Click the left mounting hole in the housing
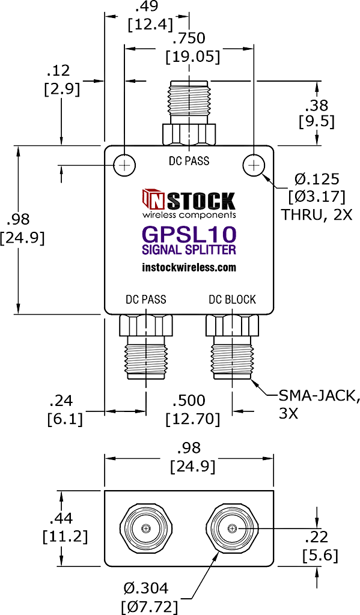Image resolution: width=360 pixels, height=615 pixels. pyautogui.click(x=124, y=166)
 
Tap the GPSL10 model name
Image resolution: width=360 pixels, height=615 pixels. pyautogui.click(x=189, y=235)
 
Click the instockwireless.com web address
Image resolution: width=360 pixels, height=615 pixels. pyautogui.click(x=189, y=267)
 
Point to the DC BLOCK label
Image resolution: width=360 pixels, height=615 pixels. pyautogui.click(x=232, y=300)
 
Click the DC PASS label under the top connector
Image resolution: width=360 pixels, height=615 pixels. pyautogui.click(x=189, y=160)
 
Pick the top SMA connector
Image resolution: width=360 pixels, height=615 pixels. pyautogui.click(x=189, y=113)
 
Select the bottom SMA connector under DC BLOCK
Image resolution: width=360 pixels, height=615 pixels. pyautogui.click(x=232, y=347)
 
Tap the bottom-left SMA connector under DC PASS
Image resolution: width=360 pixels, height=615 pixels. pyautogui.click(x=146, y=347)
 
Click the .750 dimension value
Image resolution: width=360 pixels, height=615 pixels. pyautogui.click(x=189, y=38)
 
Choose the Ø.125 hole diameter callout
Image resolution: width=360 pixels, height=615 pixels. pyautogui.click(x=317, y=179)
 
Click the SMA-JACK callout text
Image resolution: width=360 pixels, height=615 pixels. pyautogui.click(x=319, y=396)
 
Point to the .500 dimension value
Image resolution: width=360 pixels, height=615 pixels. pyautogui.click(x=189, y=401)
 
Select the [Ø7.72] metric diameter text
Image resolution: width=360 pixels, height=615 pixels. pyautogui.click(x=147, y=607)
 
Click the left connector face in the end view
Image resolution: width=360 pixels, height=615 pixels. pyautogui.click(x=146, y=528)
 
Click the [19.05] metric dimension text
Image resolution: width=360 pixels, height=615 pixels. pyautogui.click(x=192, y=57)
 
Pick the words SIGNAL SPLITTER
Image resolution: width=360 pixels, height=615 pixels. pyautogui.click(x=189, y=249)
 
